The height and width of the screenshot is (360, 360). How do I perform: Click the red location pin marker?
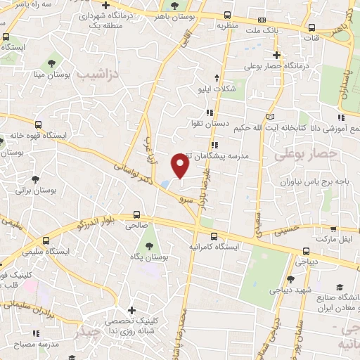click(180, 167)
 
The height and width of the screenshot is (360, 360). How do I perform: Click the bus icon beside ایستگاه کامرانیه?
click(214, 236)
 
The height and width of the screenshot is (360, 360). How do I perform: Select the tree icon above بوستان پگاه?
click(150, 246)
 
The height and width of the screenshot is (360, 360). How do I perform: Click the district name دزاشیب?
click(98, 74)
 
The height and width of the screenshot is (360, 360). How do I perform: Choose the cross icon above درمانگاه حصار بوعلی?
click(277, 55)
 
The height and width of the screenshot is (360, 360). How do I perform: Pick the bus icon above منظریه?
click(262, 20)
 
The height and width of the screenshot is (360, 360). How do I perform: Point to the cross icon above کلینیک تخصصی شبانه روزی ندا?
click(132, 310)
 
